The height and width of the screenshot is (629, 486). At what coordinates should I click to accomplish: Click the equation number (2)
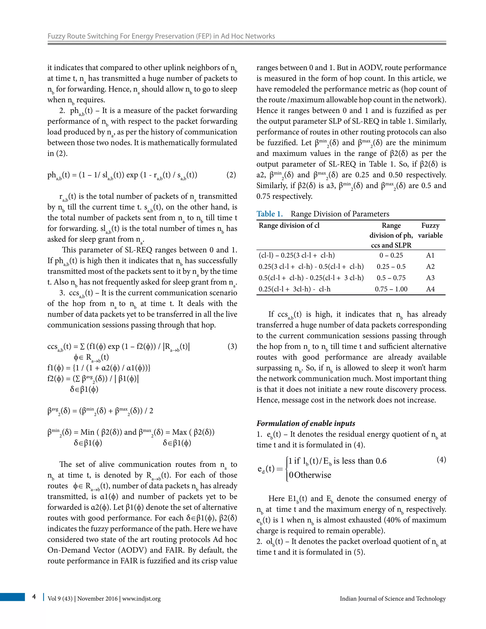pyautogui.click(x=231, y=175)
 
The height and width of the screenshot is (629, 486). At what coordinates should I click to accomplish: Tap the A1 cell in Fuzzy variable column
pyautogui.click(x=430, y=255)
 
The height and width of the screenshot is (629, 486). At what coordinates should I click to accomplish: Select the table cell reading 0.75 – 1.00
pyautogui.click(x=391, y=289)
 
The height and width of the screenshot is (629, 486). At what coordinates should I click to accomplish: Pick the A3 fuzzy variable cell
pyautogui.click(x=430, y=278)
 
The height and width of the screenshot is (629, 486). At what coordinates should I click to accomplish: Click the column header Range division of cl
pyautogui.click(x=289, y=225)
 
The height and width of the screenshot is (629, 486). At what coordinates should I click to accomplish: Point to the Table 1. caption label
pyautogui.click(x=270, y=214)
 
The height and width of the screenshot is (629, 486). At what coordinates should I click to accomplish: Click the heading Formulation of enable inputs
pyautogui.click(x=305, y=423)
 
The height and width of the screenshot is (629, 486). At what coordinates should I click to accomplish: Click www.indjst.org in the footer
pyautogui.click(x=141, y=599)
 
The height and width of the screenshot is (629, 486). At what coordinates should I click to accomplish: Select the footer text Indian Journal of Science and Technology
pyautogui.click(x=393, y=599)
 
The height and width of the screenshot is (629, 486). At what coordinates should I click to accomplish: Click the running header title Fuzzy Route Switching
pyautogui.click(x=161, y=36)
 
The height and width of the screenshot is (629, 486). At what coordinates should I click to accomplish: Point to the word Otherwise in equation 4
pyautogui.click(x=313, y=475)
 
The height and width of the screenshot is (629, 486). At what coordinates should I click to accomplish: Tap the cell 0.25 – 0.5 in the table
pyautogui.click(x=391, y=267)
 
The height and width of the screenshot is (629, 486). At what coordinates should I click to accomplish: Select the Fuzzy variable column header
pyautogui.click(x=430, y=230)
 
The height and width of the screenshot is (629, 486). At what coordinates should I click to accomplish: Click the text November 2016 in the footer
pyautogui.click(x=97, y=599)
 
